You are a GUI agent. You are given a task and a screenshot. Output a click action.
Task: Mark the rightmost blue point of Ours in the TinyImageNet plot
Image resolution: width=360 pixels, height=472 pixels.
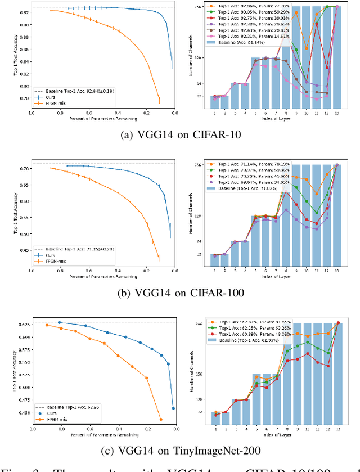(174, 408)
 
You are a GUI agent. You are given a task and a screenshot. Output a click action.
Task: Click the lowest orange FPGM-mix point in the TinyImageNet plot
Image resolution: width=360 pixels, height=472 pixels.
(160, 419)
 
